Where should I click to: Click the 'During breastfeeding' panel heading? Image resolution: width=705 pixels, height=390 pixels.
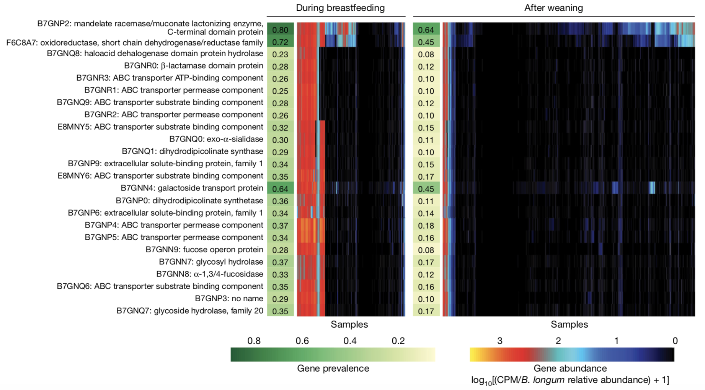[340, 8]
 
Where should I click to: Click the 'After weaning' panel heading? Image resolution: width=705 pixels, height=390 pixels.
[553, 8]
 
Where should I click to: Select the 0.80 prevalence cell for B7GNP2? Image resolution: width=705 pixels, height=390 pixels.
[280, 29]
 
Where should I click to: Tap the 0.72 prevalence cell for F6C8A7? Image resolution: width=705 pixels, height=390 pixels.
[280, 42]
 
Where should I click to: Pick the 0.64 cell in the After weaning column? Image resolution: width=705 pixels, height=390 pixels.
[426, 29]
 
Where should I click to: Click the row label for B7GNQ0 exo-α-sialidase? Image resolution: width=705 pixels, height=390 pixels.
[216, 139]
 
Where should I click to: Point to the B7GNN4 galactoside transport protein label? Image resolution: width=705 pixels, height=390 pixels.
[192, 188]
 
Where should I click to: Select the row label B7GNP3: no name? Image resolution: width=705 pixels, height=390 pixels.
[229, 299]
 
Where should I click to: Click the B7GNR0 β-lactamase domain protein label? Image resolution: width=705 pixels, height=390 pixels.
[193, 66]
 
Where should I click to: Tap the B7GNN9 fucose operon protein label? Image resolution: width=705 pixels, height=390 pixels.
[204, 250]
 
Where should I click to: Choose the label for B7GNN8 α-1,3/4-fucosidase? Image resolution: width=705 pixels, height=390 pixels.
[209, 274]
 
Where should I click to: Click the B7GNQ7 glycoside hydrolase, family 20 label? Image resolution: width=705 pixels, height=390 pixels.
[190, 311]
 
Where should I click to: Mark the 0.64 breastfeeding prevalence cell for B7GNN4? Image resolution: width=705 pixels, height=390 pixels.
[280, 188]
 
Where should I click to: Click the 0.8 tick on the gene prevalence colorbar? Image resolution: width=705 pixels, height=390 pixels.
[254, 341]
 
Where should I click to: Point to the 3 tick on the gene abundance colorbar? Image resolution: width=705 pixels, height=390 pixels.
[499, 341]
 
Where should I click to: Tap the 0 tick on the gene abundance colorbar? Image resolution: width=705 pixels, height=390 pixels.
[675, 341]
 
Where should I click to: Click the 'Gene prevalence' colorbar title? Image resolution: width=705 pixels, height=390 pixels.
[333, 368]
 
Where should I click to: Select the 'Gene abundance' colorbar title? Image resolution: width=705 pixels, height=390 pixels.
[570, 368]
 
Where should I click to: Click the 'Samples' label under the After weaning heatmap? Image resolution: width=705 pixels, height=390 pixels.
[569, 324]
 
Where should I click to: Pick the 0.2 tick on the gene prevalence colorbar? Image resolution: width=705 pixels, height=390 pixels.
[398, 341]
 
